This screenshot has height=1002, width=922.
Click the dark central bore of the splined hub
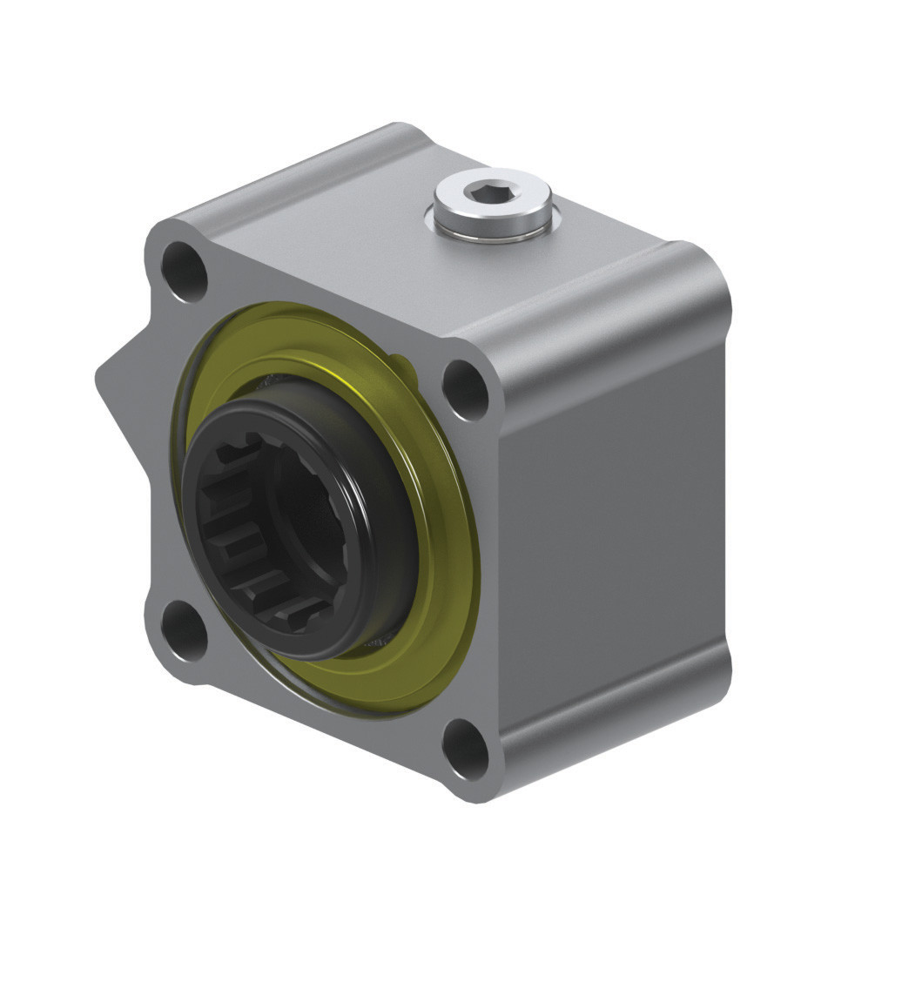tap(305, 522)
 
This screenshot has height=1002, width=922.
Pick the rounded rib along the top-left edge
tap(287, 174)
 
